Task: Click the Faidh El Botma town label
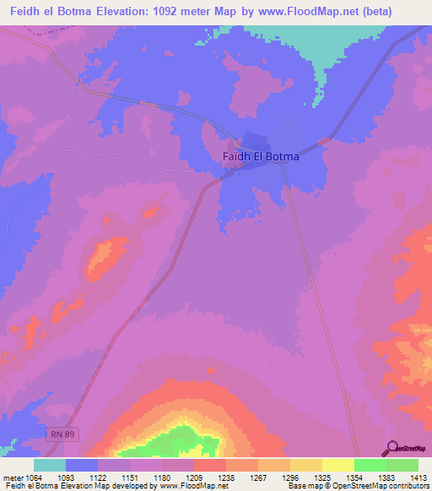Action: click(x=261, y=156)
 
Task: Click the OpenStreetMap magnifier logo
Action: click(x=392, y=448)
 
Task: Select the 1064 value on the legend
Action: click(x=34, y=478)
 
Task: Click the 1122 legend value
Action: click(x=111, y=478)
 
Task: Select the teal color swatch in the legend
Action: click(x=50, y=465)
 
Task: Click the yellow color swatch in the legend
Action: click(x=338, y=465)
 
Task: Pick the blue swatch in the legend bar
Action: click(x=82, y=465)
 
